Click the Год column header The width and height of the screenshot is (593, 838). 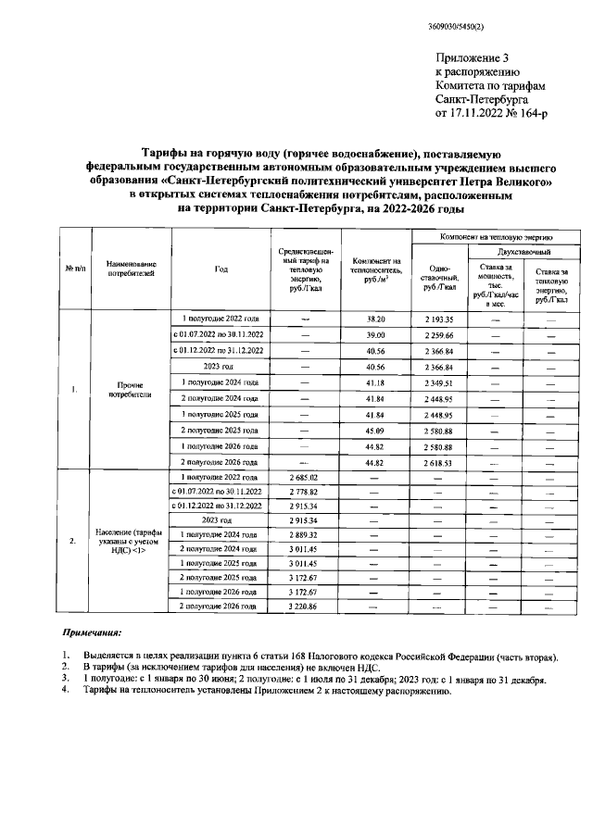click(x=221, y=269)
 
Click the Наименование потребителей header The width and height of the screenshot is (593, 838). click(x=131, y=269)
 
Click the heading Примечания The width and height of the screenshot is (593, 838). click(x=92, y=636)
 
